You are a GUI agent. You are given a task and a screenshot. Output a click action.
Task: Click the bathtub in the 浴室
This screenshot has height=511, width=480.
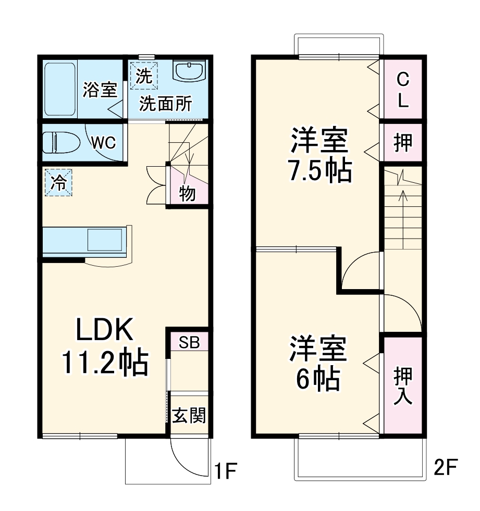[60, 89]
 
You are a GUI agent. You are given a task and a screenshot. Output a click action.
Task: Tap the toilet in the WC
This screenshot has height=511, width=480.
[61, 142]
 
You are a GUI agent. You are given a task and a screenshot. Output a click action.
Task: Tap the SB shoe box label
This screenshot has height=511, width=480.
[189, 342]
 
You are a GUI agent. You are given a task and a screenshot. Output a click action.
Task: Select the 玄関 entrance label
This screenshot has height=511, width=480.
[189, 415]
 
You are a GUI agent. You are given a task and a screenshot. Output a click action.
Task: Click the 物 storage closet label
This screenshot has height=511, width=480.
[188, 194]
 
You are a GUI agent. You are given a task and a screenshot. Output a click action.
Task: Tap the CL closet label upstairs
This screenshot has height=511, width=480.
[402, 90]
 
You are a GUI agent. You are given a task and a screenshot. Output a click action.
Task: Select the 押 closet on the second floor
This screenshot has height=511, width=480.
[402, 143]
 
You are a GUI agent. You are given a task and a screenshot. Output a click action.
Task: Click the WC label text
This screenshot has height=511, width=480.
[104, 143]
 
